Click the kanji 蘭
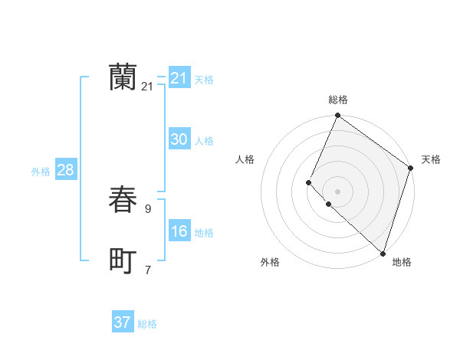[123, 77]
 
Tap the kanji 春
[123, 200]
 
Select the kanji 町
[123, 261]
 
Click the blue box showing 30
[179, 139]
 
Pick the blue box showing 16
[179, 231]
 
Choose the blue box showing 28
[65, 170]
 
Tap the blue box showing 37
[123, 322]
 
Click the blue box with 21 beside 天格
[179, 78]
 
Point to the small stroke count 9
[148, 208]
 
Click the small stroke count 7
[148, 270]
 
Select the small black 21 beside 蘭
[147, 87]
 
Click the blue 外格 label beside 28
[41, 172]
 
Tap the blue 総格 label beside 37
[147, 324]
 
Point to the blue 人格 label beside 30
[204, 141]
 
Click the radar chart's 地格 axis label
[402, 262]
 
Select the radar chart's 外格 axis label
[270, 262]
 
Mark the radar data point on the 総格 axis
[337, 116]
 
